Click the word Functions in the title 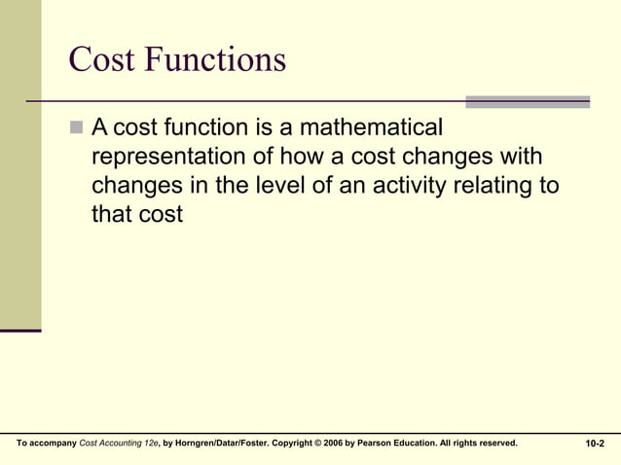point(216,59)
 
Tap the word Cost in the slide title point(103,59)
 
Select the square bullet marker point(78,127)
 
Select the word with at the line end point(519,157)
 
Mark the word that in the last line point(111,214)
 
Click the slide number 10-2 point(595,444)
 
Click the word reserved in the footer point(494,444)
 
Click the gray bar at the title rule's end point(528,101)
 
